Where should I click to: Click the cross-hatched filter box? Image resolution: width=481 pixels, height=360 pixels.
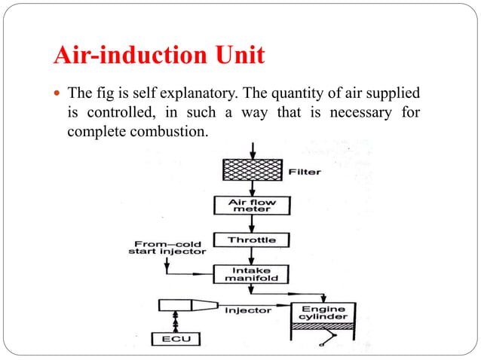pos(253,171)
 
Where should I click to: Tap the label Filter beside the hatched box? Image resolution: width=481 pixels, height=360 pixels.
pos(305,172)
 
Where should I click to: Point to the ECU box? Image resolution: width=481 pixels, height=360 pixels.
pos(177,339)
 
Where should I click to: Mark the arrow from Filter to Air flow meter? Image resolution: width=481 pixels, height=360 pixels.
pos(253,189)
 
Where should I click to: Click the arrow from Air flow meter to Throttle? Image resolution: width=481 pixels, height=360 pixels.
pos(253,224)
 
